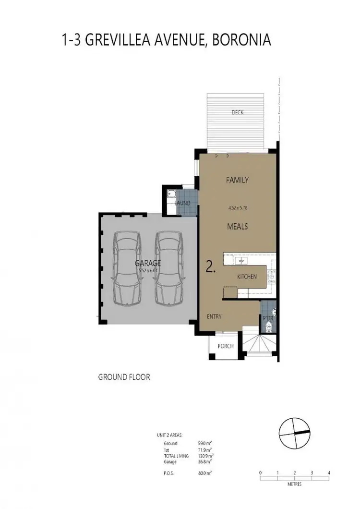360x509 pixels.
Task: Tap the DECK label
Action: pyautogui.click(x=238, y=112)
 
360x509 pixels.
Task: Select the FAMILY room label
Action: pyautogui.click(x=237, y=181)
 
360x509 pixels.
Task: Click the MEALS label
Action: pyautogui.click(x=237, y=226)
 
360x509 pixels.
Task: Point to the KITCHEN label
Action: pyautogui.click(x=247, y=277)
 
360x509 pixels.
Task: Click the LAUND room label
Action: pyautogui.click(x=182, y=204)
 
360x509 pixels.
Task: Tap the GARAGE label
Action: pyautogui.click(x=147, y=263)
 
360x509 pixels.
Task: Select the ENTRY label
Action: pyautogui.click(x=214, y=316)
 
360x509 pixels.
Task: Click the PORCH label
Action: pyautogui.click(x=226, y=346)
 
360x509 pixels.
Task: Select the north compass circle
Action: pyautogui.click(x=294, y=433)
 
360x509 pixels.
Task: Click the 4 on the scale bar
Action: pyautogui.click(x=329, y=473)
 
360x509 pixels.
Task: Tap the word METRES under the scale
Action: pyautogui.click(x=295, y=484)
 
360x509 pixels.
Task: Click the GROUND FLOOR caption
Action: pyautogui.click(x=124, y=377)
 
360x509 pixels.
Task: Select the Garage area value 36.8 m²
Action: pyautogui.click(x=204, y=461)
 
